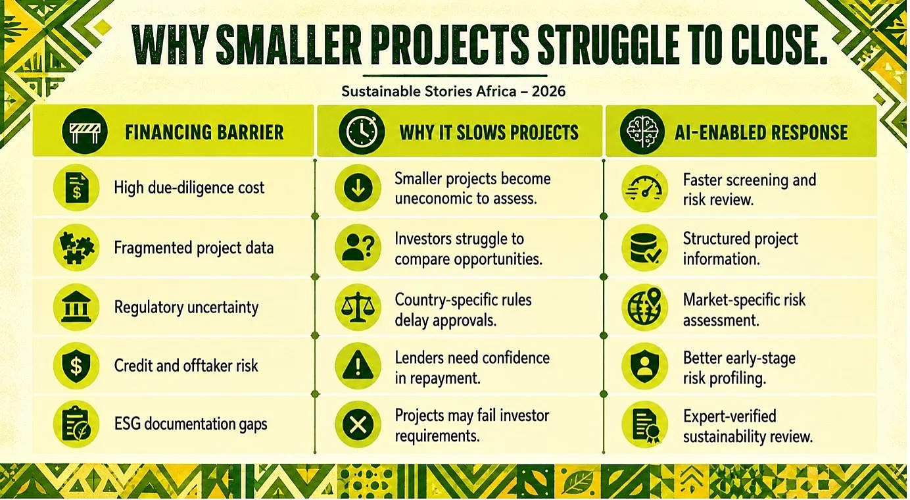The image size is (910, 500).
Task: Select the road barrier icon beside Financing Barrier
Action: pyautogui.click(x=85, y=132)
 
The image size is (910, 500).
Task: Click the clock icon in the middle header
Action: pyautogui.click(x=361, y=132)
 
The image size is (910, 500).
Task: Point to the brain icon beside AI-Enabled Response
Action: pyautogui.click(x=642, y=132)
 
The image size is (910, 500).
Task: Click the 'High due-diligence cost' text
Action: pyautogui.click(x=189, y=187)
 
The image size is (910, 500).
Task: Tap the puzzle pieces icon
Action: pyautogui.click(x=76, y=247)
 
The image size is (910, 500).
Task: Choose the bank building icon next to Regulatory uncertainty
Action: pyautogui.click(x=76, y=307)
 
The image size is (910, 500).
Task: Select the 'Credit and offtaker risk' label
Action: pyautogui.click(x=185, y=365)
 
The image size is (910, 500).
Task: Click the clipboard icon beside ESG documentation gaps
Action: pyautogui.click(x=76, y=424)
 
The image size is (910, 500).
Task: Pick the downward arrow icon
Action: pyautogui.click(x=358, y=187)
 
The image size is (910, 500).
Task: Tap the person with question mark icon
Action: pyautogui.click(x=358, y=247)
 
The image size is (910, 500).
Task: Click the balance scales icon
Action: pyautogui.click(x=358, y=307)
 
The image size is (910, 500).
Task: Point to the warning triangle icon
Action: pyautogui.click(x=358, y=366)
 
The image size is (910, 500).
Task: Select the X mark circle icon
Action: pyautogui.click(x=358, y=424)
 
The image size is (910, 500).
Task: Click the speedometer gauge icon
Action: pyautogui.click(x=645, y=189)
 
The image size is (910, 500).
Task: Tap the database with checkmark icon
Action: pyautogui.click(x=645, y=248)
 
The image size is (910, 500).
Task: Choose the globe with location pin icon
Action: pyautogui.click(x=645, y=307)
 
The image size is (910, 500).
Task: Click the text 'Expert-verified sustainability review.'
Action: pyautogui.click(x=748, y=426)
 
